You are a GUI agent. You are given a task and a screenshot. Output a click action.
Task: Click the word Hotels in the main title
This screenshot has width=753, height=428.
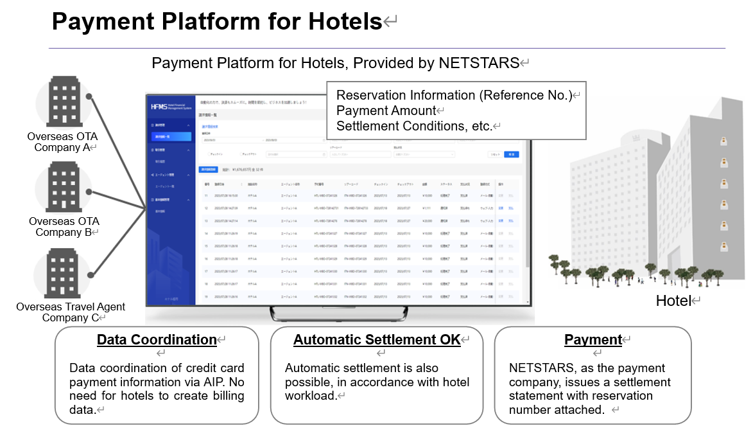(x=345, y=21)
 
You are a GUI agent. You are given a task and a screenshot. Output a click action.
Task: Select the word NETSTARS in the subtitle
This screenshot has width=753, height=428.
(x=479, y=63)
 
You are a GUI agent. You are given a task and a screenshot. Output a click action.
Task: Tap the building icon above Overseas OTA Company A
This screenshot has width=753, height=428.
(x=62, y=103)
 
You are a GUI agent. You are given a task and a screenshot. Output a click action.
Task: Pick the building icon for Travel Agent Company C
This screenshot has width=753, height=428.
(x=62, y=275)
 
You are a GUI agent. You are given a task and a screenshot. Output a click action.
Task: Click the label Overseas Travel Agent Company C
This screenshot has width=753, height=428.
(x=71, y=312)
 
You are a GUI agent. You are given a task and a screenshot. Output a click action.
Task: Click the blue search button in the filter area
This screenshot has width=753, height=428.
(x=511, y=154)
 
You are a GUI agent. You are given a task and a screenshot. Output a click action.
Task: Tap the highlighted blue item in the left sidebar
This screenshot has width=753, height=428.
(x=170, y=136)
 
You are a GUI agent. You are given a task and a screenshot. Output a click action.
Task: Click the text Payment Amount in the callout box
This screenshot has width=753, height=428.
(x=386, y=111)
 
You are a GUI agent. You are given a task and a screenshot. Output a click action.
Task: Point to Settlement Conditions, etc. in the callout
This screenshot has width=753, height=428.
(x=413, y=126)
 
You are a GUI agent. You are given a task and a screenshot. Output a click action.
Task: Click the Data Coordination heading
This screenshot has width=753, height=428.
(x=157, y=340)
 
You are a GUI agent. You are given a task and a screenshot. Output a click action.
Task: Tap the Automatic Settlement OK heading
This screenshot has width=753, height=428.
(x=377, y=340)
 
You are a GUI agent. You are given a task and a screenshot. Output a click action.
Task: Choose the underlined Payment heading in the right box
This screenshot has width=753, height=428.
(x=593, y=340)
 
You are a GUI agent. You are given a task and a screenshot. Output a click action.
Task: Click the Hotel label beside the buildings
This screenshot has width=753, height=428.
(x=673, y=301)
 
